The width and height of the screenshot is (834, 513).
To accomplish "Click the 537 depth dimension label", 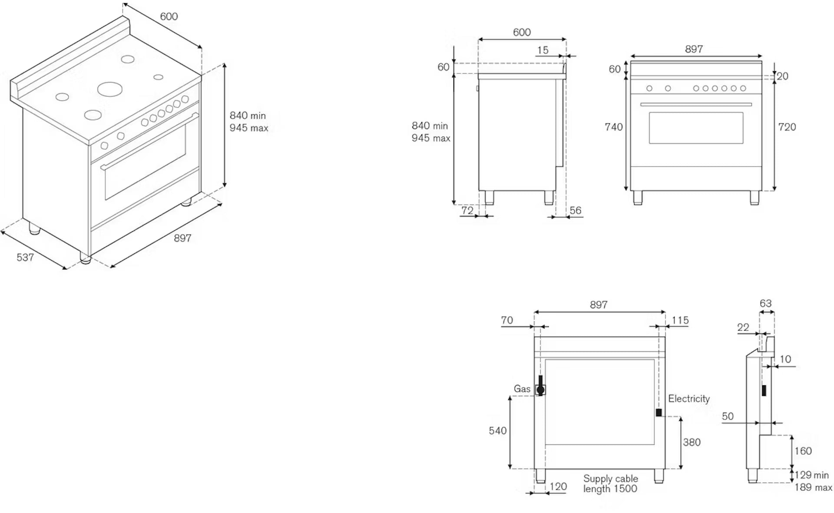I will tap(25, 258).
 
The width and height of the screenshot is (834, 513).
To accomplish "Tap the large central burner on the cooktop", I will tap(109, 89).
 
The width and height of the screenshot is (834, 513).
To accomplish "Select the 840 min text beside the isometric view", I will tap(248, 116).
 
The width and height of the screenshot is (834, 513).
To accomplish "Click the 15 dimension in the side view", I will tap(543, 50).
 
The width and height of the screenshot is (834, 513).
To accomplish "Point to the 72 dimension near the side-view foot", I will tap(467, 211).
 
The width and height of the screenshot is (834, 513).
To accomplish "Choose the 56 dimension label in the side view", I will tap(576, 211).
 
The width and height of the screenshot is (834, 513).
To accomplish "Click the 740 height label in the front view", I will tap(613, 127).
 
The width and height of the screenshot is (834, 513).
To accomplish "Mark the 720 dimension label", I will tap(787, 127).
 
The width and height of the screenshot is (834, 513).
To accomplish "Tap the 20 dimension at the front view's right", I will tap(783, 76).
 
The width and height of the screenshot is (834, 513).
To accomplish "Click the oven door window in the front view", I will tap(696, 128).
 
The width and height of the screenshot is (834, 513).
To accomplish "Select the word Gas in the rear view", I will tap(522, 389).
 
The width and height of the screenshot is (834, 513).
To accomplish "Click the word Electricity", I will tap(688, 399).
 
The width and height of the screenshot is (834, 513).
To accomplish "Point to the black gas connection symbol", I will tap(540, 389).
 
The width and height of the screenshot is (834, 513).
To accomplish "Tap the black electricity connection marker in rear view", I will tap(659, 413).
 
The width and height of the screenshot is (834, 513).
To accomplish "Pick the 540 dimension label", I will tap(498, 431).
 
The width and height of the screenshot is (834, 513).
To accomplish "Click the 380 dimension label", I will tap(692, 443).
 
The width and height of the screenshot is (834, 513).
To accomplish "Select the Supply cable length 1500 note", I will tap(610, 484).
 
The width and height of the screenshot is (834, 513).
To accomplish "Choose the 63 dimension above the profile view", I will tap(766, 304).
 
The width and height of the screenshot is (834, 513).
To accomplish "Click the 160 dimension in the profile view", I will tap(803, 451).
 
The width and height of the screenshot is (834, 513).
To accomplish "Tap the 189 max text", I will tap(813, 488).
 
